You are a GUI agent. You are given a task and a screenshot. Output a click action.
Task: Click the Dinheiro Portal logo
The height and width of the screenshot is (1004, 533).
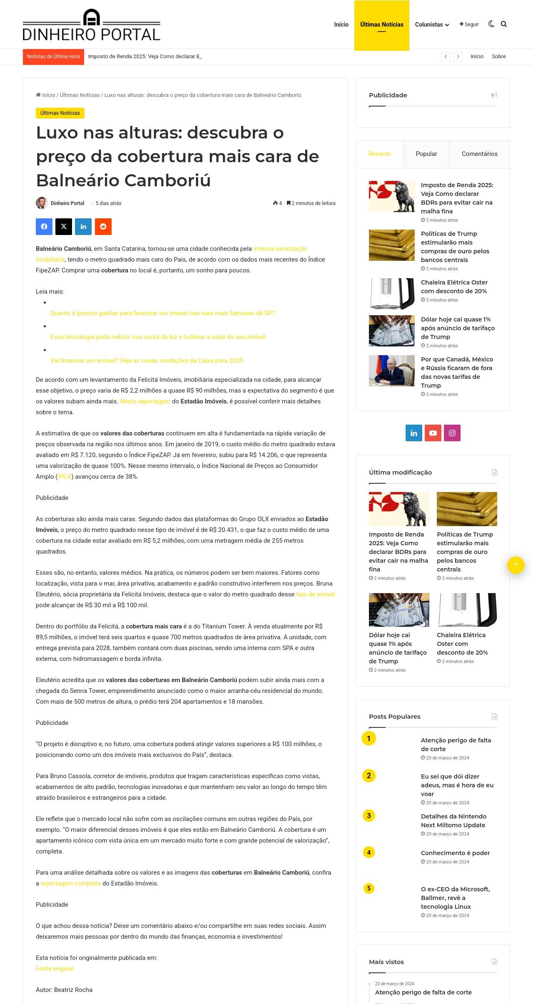coord(91,25)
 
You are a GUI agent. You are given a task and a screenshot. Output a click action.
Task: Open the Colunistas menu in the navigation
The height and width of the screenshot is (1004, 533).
coord(432,25)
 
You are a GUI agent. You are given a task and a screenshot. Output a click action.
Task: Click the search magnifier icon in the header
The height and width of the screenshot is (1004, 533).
coord(504,24)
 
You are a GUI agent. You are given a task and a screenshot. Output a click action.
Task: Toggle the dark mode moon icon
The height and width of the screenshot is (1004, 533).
coord(491,24)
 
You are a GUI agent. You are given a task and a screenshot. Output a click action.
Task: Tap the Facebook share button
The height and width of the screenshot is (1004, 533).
coord(44,227)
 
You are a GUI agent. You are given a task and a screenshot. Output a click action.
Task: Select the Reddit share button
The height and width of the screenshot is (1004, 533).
coord(103,227)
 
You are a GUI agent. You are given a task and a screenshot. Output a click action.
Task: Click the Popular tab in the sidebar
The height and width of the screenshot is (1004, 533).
coord(426,154)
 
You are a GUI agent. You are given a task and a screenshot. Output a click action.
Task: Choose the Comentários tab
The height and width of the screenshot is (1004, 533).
coord(479,154)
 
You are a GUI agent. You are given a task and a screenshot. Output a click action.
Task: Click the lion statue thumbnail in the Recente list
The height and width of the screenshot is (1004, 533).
coord(391,196)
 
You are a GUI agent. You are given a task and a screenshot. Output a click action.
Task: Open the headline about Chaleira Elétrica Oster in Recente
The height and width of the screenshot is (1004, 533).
coord(454,287)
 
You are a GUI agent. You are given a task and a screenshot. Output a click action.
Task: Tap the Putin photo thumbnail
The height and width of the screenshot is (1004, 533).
coord(391,371)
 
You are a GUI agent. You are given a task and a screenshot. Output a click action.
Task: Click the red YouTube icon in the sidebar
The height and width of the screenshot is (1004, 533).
coord(433,433)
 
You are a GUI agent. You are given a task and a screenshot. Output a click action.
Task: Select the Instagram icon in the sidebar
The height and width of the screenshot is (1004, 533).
coord(452,433)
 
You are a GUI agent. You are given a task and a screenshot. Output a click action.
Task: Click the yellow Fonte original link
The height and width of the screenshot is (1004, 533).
coord(55,969)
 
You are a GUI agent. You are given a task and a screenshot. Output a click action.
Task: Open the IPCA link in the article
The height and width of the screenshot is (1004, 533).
coord(65,477)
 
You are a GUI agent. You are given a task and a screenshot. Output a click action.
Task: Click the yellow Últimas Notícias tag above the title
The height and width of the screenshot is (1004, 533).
coord(60,113)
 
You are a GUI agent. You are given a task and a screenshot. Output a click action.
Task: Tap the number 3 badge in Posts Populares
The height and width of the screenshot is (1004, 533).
coord(369,816)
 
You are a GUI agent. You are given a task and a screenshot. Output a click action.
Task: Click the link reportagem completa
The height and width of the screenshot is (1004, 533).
coord(70,883)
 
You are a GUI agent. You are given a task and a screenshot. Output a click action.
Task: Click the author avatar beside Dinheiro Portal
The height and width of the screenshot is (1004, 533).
coord(42,203)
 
